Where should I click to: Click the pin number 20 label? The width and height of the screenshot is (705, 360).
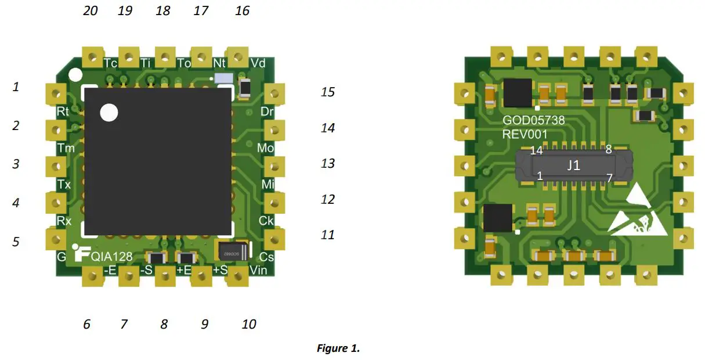pos(91,10)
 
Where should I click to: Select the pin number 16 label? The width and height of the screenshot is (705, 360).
pos(243,10)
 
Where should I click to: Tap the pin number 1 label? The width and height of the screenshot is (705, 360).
pos(16,87)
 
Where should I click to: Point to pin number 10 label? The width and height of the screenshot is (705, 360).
pos(248,324)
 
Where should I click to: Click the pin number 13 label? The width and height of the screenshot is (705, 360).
pos(328,163)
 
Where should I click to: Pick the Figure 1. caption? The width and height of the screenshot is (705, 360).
pos(338,348)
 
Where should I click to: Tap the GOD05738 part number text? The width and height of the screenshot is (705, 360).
pos(533,121)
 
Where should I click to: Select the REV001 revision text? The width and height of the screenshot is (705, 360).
pos(525,134)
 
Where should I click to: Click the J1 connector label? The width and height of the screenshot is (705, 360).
pos(573,165)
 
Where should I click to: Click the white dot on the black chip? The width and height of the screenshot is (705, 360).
pos(109,112)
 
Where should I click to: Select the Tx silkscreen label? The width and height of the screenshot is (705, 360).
pos(64,185)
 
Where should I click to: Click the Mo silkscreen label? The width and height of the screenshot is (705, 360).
pos(265,149)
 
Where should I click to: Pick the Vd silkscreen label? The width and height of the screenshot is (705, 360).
pos(258,63)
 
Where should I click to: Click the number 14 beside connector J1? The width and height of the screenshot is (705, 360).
pos(536,150)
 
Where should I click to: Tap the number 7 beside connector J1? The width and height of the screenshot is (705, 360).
pos(609,178)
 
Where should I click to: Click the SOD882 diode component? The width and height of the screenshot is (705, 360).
pos(232,251)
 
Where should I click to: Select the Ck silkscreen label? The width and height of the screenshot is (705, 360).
pos(266,221)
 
